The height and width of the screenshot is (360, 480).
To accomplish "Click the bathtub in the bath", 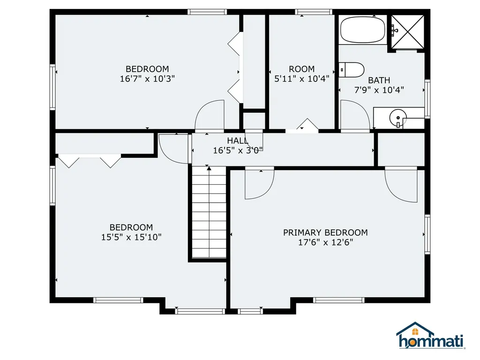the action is tap(363, 30).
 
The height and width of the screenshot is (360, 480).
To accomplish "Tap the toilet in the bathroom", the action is tap(351, 70).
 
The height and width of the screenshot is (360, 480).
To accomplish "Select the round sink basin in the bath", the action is tap(397, 118).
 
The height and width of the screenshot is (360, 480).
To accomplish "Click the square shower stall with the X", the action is tap(408, 32).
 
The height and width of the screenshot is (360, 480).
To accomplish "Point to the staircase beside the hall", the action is tap(209, 212).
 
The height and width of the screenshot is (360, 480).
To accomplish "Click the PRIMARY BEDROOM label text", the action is tap(325, 232).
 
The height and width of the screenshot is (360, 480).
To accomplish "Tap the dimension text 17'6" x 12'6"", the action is tap(326, 242).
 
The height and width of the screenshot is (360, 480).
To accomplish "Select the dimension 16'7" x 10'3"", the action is tap(147, 79).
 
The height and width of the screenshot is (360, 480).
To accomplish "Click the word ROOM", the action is tap(302, 69).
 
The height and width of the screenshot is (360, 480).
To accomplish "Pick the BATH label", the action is tap(379, 80).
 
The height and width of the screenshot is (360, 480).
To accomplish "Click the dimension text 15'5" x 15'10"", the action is tap(131, 237).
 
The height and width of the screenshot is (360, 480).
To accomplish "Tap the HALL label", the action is tap(238, 141).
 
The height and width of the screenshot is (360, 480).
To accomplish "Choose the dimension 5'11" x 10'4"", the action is tap(302, 79).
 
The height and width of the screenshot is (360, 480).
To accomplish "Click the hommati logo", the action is tap(430, 336).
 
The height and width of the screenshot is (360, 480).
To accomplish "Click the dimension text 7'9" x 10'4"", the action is tap(379, 90).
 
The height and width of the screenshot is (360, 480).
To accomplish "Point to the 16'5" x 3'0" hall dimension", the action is tap(238, 150).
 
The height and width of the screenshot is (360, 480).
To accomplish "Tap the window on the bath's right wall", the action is tap(427, 99).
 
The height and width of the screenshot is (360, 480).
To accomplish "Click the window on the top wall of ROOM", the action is tap(314, 12).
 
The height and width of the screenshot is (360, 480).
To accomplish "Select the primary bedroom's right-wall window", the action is tap(427, 234).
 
